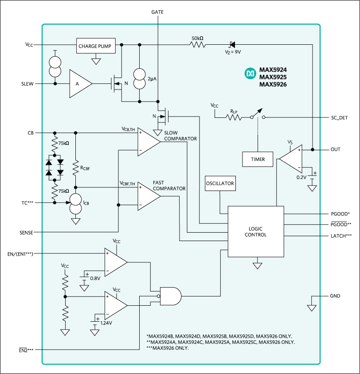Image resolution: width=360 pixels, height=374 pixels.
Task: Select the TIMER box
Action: click(257, 159)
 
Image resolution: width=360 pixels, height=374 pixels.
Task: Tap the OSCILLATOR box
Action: click(220, 183)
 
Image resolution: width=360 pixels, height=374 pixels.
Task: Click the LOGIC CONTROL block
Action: click(255, 232)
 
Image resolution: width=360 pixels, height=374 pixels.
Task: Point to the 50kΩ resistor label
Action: click(198, 39)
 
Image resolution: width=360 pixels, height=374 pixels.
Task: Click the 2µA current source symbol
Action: click(140, 78)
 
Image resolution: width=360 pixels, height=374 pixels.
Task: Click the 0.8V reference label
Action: click(95, 278)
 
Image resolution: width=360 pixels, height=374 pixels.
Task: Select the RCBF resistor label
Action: click(86, 168)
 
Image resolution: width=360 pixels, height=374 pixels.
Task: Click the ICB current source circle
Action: click(75, 203)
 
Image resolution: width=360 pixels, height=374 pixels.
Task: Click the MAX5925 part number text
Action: click(273, 77)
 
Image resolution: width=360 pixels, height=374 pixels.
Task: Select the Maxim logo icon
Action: click(250, 73)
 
